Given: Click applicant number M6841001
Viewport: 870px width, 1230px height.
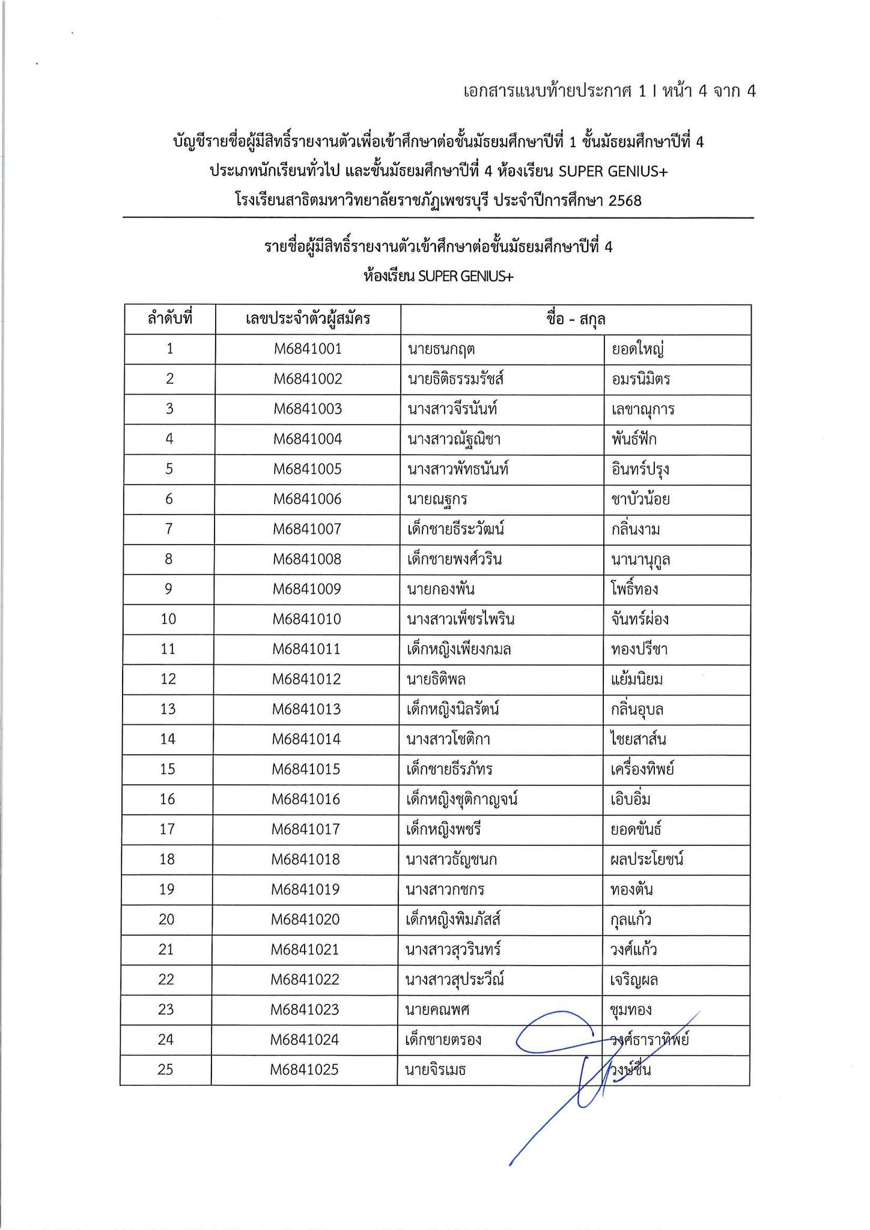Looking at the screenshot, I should [308, 349].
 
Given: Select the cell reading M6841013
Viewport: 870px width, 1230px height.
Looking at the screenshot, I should [306, 709].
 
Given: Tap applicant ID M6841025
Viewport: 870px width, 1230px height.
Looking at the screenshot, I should [304, 1070].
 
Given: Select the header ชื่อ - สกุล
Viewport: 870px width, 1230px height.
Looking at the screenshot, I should [575, 319].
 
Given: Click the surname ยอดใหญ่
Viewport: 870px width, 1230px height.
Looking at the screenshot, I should [637, 349].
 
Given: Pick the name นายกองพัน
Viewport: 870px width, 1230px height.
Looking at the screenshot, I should [441, 589].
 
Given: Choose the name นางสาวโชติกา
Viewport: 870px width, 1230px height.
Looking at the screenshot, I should [448, 739].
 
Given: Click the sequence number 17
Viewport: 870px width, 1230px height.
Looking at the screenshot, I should [168, 829].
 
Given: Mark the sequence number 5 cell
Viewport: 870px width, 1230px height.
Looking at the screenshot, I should [169, 469].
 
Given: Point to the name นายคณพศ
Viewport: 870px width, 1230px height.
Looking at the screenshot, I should [437, 1010].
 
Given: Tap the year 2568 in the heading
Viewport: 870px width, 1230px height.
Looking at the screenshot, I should [625, 200].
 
